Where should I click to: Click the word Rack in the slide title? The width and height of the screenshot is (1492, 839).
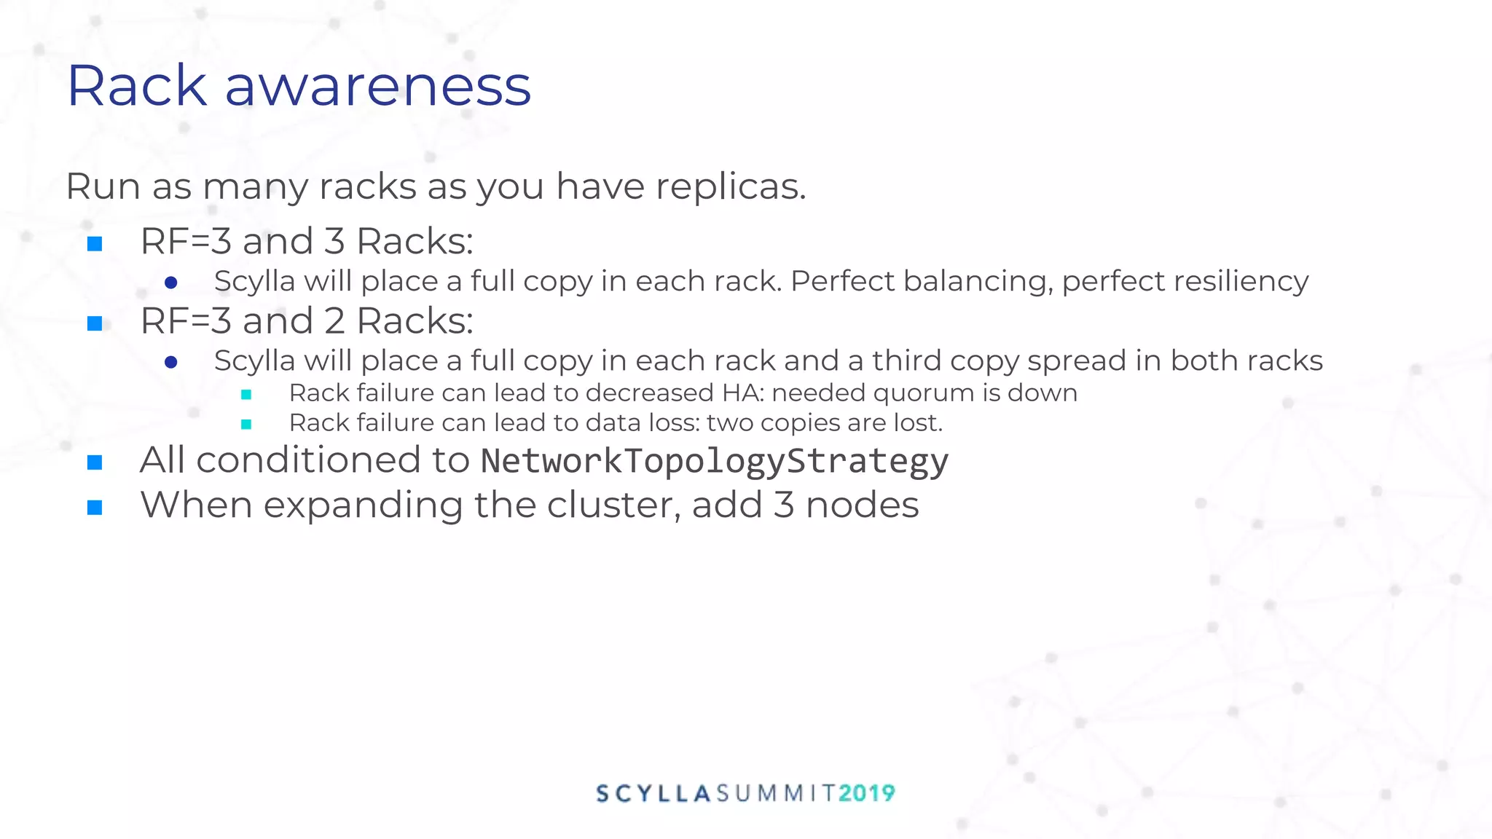[137, 87]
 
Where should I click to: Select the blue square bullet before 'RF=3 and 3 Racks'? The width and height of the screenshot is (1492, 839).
[95, 243]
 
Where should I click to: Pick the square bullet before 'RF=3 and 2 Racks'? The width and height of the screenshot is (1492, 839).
[95, 323]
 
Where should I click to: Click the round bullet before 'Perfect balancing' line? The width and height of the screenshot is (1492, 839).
[171, 283]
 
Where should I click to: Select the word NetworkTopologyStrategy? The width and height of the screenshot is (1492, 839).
[714, 461]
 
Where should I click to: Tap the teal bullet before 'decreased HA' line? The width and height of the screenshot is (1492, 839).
[246, 395]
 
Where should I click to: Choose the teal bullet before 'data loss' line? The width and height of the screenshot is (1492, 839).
[246, 424]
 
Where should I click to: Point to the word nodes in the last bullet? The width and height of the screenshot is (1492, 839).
[862, 505]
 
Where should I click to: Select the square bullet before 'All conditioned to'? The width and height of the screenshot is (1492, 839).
[95, 462]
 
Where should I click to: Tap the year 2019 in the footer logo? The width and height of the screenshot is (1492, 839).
[866, 793]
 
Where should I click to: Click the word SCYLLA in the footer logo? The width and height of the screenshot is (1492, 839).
[653, 793]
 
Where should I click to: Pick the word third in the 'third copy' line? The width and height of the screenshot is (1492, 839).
[906, 361]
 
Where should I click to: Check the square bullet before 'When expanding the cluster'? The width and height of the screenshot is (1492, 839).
[95, 507]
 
